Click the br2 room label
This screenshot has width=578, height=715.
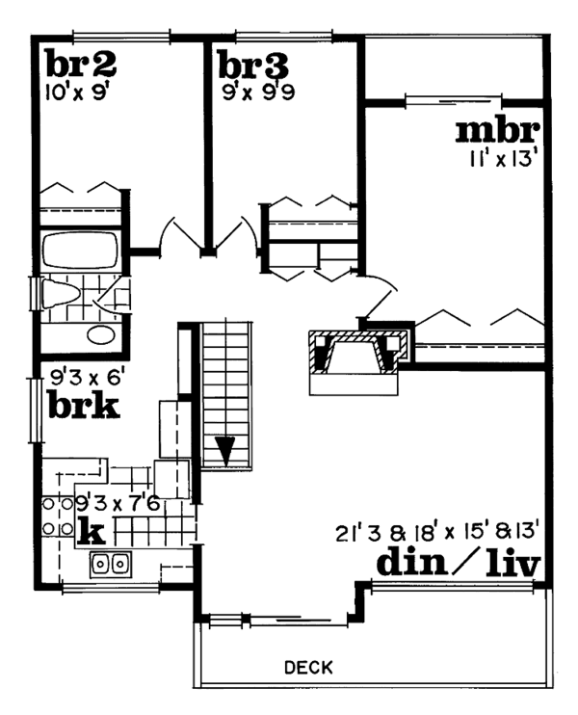(x=81, y=64)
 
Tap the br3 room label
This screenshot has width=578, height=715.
(x=253, y=65)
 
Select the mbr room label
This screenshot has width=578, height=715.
(x=498, y=131)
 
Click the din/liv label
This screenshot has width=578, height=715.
(x=459, y=564)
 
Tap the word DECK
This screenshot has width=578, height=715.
(x=308, y=668)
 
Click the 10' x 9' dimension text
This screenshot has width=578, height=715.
(x=78, y=93)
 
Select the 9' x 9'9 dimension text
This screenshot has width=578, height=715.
(x=258, y=93)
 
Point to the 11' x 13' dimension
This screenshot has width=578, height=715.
(x=501, y=159)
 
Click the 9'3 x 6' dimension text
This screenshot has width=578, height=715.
(x=87, y=377)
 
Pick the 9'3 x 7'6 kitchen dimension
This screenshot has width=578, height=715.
(x=117, y=504)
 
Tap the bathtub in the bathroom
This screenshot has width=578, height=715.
(x=79, y=252)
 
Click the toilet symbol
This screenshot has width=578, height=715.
(x=60, y=293)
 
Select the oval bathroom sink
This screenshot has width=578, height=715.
(x=100, y=335)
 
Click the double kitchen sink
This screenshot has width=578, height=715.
(x=111, y=565)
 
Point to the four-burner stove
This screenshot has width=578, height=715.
(x=58, y=516)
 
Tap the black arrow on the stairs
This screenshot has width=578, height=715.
(x=225, y=451)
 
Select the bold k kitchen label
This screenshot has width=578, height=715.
(x=92, y=531)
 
